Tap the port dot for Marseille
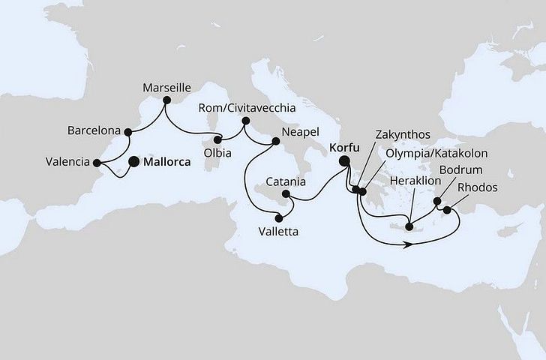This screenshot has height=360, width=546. (167, 100)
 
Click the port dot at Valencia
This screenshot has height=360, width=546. (97, 161)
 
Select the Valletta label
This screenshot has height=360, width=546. (278, 232)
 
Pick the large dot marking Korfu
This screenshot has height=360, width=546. (344, 160)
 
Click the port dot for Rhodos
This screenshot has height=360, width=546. (448, 210)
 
